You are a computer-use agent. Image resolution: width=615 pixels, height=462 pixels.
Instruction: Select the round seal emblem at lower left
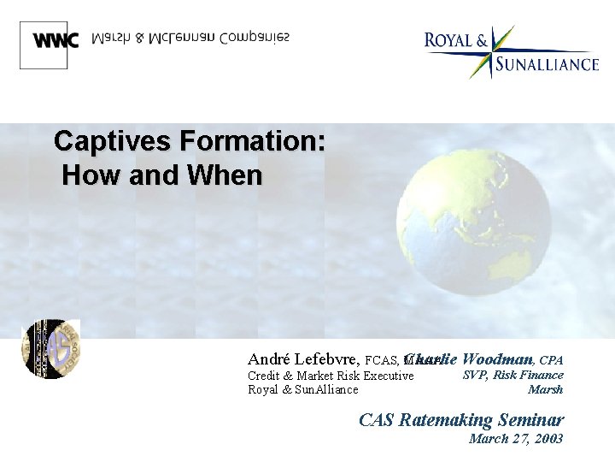50,348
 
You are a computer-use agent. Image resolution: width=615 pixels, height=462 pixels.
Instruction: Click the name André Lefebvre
303,359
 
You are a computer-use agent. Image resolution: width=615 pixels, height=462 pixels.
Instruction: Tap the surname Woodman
499,359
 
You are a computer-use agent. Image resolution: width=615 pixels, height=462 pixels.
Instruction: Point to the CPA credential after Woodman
551,360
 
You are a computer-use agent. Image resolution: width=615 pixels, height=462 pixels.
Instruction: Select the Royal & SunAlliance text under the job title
302,390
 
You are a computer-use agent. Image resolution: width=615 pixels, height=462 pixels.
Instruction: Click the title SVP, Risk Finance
512,375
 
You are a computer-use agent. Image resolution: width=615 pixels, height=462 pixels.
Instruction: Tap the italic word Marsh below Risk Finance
546,390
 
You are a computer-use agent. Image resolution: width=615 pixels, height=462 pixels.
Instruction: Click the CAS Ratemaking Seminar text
460,419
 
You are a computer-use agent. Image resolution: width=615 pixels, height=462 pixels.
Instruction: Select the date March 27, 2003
516,439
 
